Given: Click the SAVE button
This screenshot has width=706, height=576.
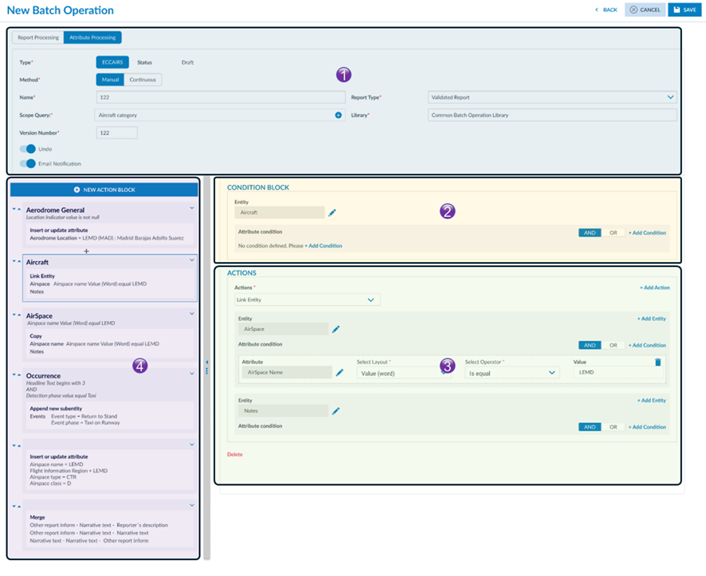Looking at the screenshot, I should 684,10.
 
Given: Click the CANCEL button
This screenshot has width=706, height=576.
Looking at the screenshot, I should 645,10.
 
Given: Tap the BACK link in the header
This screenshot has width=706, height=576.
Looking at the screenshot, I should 606,10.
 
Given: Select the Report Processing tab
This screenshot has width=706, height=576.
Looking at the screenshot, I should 38,37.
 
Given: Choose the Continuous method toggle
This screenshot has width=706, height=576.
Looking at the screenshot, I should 143,80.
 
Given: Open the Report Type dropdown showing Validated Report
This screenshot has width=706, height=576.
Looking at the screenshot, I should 551,97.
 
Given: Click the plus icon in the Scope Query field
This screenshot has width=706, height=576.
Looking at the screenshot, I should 338,116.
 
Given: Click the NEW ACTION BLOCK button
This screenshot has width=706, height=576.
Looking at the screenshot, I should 104,190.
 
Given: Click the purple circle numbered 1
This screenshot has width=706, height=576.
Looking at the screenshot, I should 343,75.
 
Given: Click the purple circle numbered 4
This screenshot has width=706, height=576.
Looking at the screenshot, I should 139,367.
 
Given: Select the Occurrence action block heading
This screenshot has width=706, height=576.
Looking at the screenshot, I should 43,375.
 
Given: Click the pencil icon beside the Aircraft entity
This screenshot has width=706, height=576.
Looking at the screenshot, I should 332,213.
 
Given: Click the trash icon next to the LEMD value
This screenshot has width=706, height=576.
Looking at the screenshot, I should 657,362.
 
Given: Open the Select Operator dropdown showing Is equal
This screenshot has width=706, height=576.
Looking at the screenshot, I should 512,372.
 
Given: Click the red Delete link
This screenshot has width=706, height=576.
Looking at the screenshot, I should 234,454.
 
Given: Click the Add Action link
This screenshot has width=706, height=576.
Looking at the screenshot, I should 653,288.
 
